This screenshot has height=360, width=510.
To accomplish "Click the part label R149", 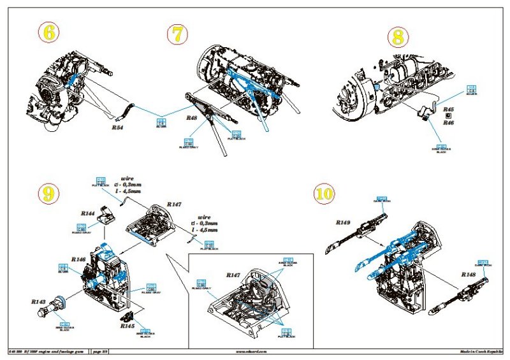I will (345, 223).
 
